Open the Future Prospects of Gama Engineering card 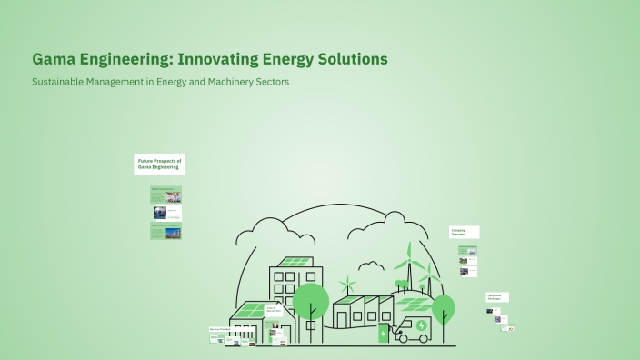[159, 164]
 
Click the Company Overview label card [465, 232]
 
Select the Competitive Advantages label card [496, 296]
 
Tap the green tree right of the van [443, 306]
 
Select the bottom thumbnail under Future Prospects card [165, 231]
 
